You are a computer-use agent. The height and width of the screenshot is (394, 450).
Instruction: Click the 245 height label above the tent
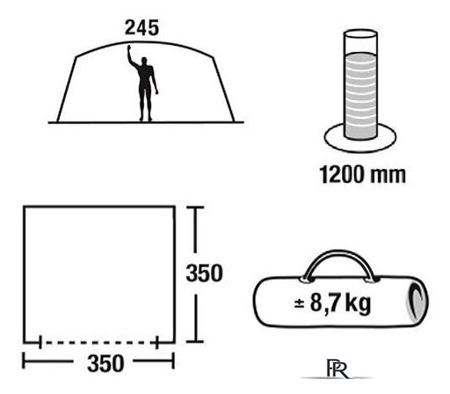[142, 28]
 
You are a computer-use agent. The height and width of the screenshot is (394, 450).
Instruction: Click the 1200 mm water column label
[363, 175]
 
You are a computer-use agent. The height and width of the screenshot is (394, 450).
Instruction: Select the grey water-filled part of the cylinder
[360, 96]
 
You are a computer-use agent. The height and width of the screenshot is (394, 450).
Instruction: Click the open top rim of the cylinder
[360, 33]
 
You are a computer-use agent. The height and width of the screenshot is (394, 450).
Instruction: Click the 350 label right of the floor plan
[205, 274]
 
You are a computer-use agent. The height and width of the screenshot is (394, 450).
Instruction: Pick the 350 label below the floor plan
[105, 363]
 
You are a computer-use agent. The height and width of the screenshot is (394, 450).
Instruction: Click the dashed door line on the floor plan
[98, 342]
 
